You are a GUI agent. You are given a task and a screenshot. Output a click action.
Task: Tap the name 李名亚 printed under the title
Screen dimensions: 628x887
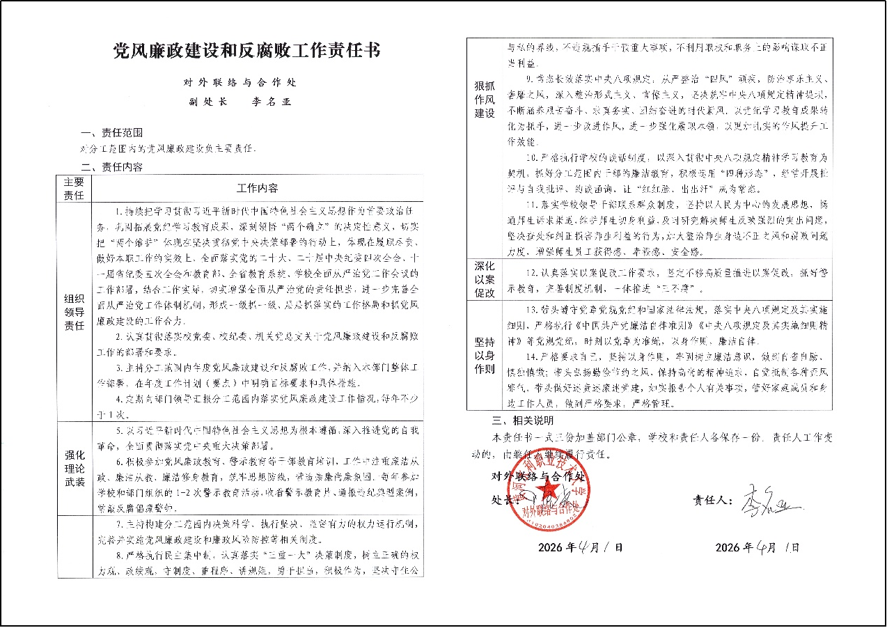click(272, 102)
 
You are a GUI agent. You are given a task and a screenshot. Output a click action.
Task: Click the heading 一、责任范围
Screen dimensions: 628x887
click(112, 133)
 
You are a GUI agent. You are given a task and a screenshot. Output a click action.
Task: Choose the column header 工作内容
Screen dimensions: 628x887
click(257, 188)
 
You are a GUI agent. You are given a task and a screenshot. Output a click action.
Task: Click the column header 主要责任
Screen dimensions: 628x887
click(74, 188)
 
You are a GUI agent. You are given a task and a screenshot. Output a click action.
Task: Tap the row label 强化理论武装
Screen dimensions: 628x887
click(74, 468)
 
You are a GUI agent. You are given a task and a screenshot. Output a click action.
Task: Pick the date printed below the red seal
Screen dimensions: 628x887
click(581, 547)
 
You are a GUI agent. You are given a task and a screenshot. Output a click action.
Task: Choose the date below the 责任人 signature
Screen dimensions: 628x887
click(758, 547)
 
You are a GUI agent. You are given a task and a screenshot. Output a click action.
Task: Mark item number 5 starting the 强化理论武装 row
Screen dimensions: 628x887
click(121, 431)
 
